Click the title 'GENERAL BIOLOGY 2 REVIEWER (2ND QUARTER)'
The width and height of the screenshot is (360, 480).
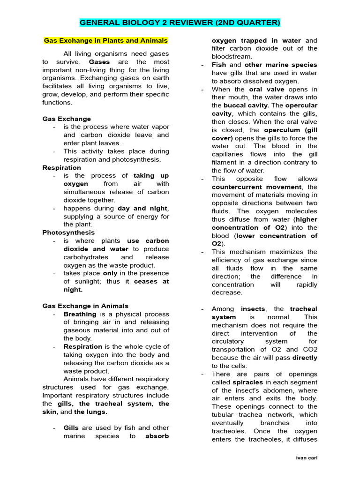(180, 22)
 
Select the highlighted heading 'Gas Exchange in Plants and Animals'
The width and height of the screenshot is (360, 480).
(105, 40)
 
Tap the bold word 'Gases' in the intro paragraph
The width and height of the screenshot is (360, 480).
(99, 62)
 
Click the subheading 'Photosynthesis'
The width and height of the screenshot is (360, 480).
(68, 232)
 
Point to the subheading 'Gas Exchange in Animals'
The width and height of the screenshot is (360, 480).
(85, 306)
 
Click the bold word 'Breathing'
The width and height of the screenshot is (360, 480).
(80, 314)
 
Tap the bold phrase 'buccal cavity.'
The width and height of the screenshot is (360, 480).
(246, 105)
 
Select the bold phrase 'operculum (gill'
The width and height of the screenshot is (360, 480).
(291, 130)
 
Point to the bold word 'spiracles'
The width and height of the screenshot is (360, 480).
(247, 382)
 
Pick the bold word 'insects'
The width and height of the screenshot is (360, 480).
(253, 309)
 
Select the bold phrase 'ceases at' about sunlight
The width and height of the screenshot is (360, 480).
(151, 282)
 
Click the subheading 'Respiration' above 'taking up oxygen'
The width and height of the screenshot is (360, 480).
(61, 167)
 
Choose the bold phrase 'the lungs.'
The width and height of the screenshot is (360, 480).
(90, 412)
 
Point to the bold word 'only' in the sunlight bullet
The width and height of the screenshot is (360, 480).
(110, 273)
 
